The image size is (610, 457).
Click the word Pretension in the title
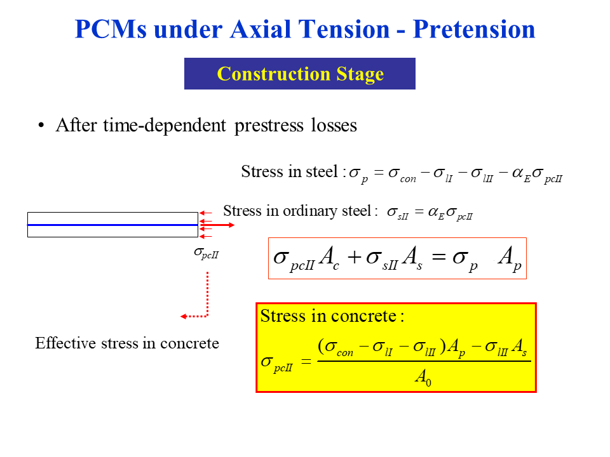(474, 29)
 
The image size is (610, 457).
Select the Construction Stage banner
(300, 74)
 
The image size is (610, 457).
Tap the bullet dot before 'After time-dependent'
(42, 125)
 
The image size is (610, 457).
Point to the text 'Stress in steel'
(288, 171)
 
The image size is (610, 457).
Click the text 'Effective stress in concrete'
(127, 343)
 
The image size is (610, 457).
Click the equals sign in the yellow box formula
(306, 361)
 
